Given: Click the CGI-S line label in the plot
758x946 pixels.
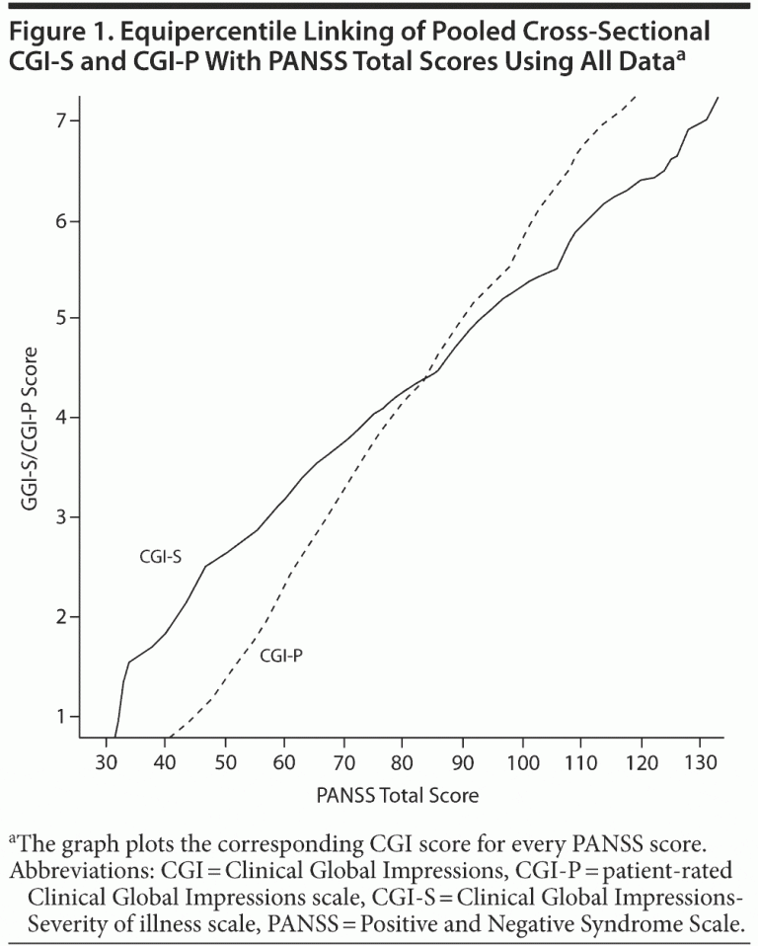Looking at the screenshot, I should [160, 558].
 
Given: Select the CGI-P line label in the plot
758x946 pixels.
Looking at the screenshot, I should [280, 655].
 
